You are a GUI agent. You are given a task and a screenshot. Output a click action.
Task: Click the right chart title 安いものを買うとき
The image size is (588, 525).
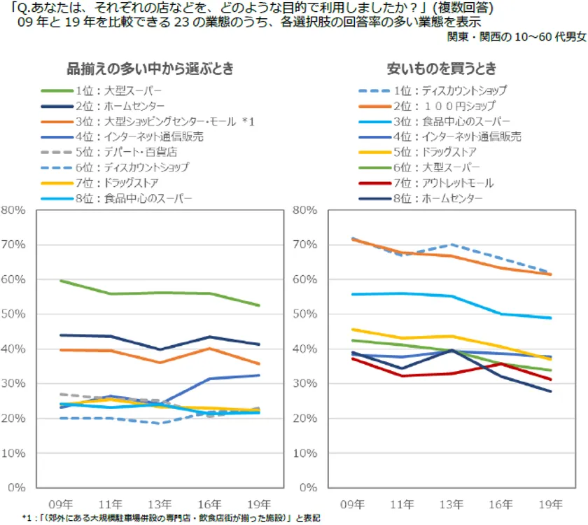coord(442,69)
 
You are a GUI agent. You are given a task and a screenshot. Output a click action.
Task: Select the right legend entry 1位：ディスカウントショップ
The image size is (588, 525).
coord(459,91)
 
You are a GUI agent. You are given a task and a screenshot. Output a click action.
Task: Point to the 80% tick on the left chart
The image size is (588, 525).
coord(14,209)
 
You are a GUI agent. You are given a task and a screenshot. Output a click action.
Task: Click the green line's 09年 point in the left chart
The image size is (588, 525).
coord(61,281)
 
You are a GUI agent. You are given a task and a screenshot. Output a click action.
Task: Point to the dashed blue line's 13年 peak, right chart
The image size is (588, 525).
coord(451,244)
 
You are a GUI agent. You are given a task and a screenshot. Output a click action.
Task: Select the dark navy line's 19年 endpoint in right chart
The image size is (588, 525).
coord(550,391)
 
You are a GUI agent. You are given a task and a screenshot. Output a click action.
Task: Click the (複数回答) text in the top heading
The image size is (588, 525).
coord(461,8)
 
